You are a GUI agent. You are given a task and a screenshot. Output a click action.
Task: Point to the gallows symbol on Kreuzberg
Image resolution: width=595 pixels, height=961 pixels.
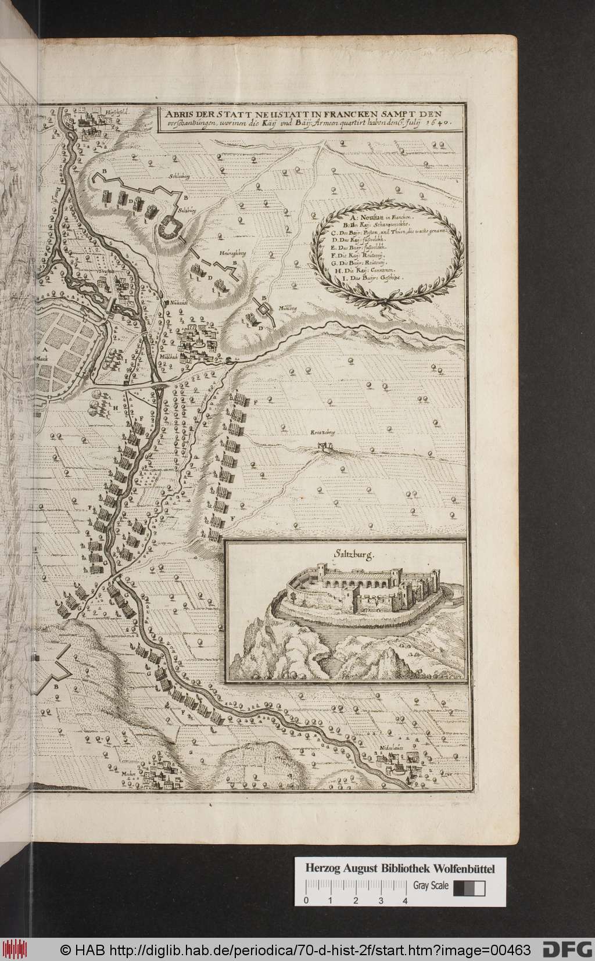(x=323, y=447)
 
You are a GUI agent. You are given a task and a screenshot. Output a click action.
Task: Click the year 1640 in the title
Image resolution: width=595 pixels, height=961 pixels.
(x=436, y=123)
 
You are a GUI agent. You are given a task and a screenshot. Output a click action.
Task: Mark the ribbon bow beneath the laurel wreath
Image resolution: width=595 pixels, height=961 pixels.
(x=385, y=302)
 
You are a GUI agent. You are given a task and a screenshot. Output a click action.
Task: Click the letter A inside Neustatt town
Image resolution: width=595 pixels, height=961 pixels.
(x=44, y=350)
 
